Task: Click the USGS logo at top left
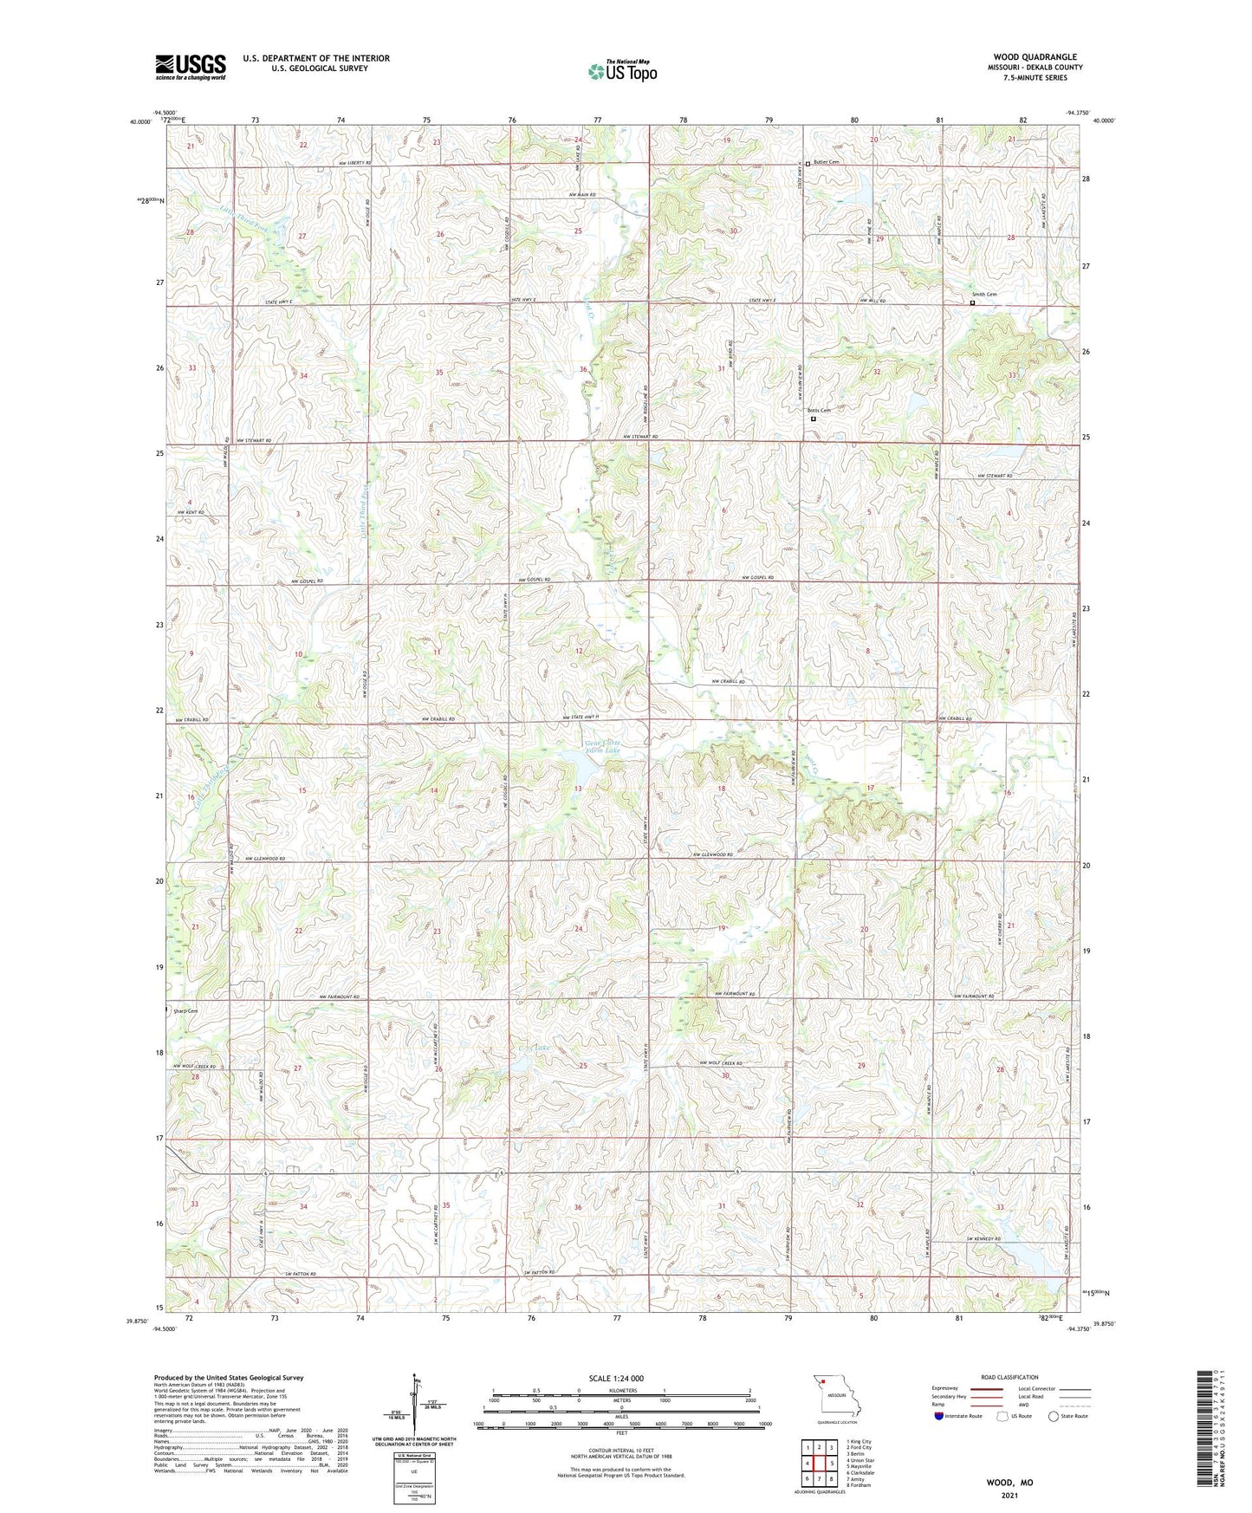coord(191,67)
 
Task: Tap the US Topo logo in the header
coord(622,71)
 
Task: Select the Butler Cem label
coord(827,162)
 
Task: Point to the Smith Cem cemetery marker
coord(972,303)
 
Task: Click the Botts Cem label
coord(819,410)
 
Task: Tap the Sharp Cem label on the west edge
coord(185,1011)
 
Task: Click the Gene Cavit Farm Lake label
coord(603,747)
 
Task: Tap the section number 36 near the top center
coord(583,370)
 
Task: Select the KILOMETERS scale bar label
coord(621,1391)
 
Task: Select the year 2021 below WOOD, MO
coord(1009,1495)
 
